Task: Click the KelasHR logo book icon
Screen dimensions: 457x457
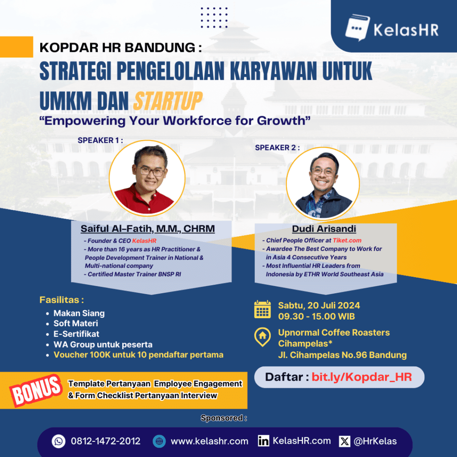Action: point(357,27)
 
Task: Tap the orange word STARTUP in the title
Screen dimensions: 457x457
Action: point(168,101)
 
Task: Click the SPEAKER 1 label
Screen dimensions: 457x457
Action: point(100,140)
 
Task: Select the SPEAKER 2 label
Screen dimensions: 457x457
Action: point(277,147)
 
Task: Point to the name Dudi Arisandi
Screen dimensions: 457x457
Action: point(324,229)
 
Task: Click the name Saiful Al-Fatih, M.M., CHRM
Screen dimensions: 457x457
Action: point(148,229)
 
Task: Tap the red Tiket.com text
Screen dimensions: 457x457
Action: point(347,241)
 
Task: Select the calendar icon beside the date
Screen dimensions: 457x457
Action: point(262,309)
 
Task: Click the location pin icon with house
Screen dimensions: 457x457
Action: point(262,337)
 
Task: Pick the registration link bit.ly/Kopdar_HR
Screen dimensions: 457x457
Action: point(361,377)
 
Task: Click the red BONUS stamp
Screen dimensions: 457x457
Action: point(36,390)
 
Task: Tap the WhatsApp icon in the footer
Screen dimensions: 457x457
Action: point(58,441)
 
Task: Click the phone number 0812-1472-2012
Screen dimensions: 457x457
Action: point(105,441)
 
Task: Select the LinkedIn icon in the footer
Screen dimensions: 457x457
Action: point(263,441)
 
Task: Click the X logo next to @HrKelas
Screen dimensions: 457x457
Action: point(345,441)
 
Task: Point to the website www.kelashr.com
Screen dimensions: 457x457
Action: point(210,441)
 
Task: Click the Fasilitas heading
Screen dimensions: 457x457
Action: point(62,300)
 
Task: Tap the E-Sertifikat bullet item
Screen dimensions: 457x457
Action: point(76,334)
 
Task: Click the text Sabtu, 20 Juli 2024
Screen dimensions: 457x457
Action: point(319,305)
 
